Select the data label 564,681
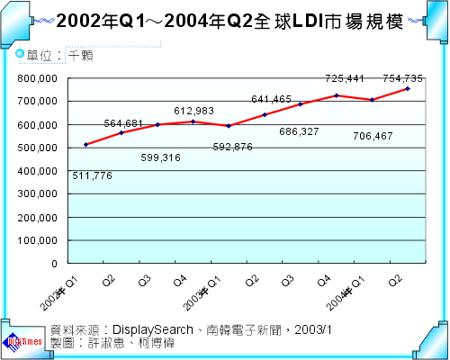124,123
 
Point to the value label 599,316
162,157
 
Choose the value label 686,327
302,131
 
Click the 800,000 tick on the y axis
39,79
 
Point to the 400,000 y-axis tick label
39,171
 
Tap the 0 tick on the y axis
56,264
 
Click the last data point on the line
408,89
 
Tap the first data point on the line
85,144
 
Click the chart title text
224,20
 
